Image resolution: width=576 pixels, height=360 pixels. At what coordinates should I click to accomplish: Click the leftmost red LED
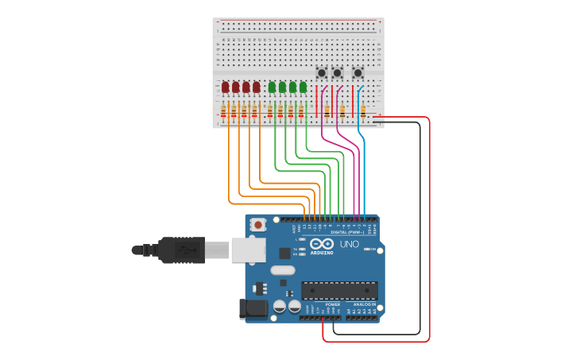pyautogui.click(x=226, y=87)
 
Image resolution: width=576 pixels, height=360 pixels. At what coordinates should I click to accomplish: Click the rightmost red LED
pyautogui.click(x=256, y=87)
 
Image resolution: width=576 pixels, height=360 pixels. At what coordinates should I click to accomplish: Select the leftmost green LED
pyautogui.click(x=273, y=87)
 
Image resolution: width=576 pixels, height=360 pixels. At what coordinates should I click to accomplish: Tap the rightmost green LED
pyautogui.click(x=303, y=87)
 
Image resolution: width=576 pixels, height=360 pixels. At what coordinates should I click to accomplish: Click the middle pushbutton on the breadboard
pyautogui.click(x=338, y=73)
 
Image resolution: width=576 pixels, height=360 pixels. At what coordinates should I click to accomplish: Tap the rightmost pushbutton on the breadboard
pyautogui.click(x=358, y=73)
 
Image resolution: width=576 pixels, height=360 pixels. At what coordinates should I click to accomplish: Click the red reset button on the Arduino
pyautogui.click(x=257, y=225)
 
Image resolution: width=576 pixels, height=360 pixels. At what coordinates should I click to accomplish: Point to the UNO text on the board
pyautogui.click(x=349, y=244)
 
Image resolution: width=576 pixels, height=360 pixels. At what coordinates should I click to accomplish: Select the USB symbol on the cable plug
pyautogui.click(x=184, y=250)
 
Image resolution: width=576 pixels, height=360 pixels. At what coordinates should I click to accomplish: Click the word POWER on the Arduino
pyautogui.click(x=333, y=304)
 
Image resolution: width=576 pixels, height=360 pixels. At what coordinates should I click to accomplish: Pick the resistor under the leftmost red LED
pyautogui.click(x=223, y=112)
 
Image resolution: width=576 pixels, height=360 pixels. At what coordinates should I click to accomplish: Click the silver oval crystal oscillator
pyautogui.click(x=282, y=270)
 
